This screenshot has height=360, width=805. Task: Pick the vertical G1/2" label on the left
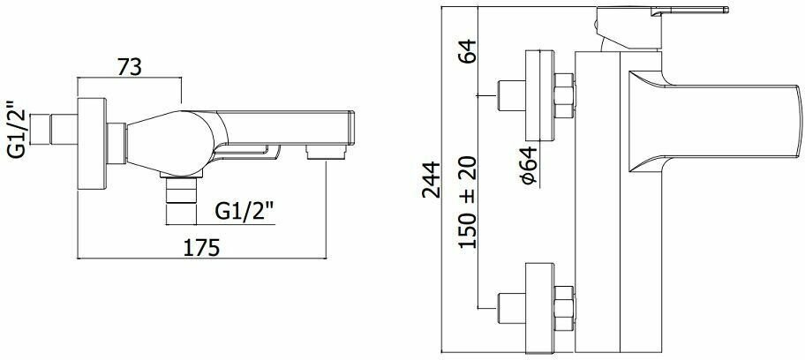16,128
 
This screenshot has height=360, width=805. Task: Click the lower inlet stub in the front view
511,305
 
